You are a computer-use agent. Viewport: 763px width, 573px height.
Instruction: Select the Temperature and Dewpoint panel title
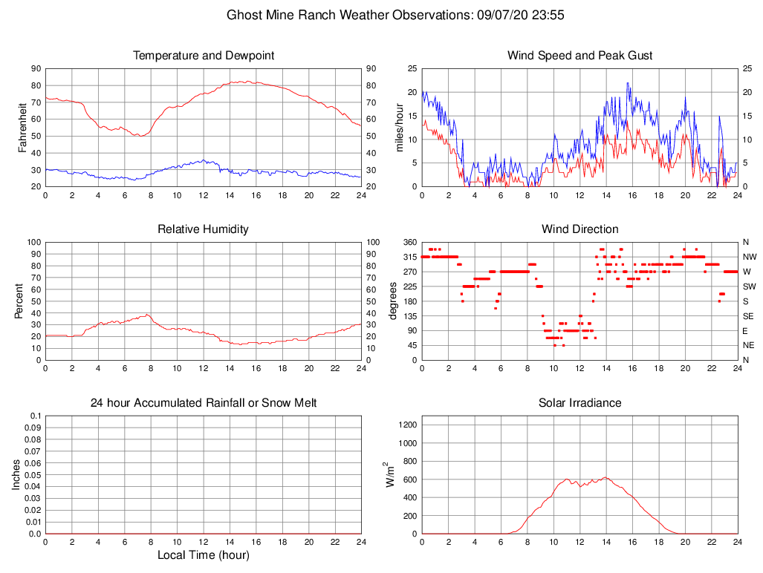[x=204, y=56]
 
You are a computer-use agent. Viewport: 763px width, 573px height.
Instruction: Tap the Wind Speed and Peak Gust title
[x=579, y=56]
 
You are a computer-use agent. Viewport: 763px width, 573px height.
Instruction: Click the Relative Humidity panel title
[x=204, y=229]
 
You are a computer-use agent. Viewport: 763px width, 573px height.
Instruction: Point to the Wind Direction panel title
[x=579, y=229]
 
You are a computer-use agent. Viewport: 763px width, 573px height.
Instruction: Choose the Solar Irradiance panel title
[x=579, y=403]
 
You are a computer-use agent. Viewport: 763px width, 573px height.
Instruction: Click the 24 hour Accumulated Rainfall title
[x=204, y=403]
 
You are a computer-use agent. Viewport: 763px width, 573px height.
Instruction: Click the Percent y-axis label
[x=20, y=301]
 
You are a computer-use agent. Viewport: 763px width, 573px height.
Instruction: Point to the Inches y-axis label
[x=16, y=475]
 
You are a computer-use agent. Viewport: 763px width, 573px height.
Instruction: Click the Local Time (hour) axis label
[x=204, y=555]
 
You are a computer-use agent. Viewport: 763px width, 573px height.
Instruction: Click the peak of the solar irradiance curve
[x=605, y=477]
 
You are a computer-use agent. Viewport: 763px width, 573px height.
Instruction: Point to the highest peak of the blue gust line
[x=628, y=83]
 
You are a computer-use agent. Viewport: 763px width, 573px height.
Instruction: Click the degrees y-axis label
[x=393, y=301]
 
